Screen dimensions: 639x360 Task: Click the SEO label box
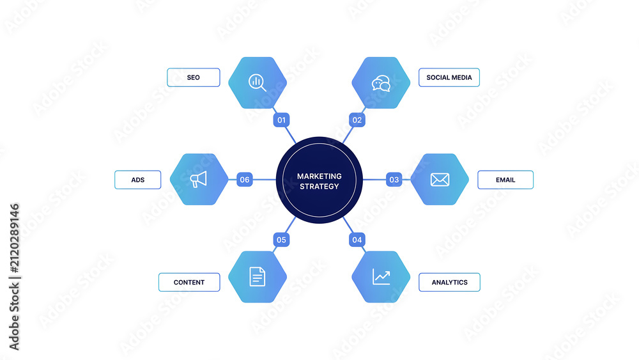(x=194, y=77)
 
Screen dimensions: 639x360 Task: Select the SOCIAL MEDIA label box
(x=449, y=77)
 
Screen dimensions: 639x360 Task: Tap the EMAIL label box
(x=505, y=180)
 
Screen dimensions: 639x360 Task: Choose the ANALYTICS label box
(x=449, y=282)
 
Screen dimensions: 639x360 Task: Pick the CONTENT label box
(x=189, y=282)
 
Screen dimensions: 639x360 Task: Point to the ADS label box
(x=138, y=180)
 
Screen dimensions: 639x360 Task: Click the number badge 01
(x=282, y=120)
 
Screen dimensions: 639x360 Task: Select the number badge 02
(x=357, y=120)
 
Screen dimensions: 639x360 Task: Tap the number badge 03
(x=394, y=180)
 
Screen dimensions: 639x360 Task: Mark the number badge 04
(x=357, y=240)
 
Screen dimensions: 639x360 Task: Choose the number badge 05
(x=282, y=240)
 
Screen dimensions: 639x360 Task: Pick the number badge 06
(x=245, y=180)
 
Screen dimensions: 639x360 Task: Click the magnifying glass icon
(x=257, y=82)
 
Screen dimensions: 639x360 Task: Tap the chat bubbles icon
(x=381, y=83)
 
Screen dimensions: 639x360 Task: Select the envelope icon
(x=440, y=180)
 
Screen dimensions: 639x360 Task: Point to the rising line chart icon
(x=381, y=277)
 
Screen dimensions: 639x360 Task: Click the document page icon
(x=257, y=277)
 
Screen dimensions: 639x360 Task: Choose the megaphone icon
(x=199, y=180)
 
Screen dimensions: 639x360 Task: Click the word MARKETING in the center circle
(x=319, y=176)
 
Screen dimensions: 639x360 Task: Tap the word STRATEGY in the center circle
(x=319, y=186)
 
